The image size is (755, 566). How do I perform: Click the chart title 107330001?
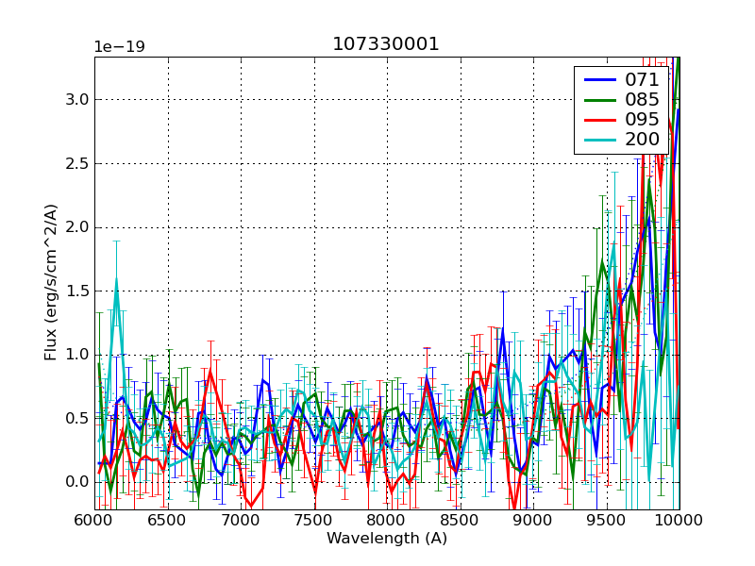[386, 44]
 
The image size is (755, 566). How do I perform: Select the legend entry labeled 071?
[642, 80]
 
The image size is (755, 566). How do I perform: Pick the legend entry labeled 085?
[642, 99]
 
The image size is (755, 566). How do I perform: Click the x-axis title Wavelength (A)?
[387, 539]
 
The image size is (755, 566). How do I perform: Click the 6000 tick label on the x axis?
[94, 520]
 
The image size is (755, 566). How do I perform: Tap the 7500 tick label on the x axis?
[313, 520]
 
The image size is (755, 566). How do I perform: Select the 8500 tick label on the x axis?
[460, 520]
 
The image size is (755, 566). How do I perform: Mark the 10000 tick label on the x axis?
[678, 520]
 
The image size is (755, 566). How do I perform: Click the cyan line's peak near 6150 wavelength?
[116, 279]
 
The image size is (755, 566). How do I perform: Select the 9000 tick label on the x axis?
[532, 520]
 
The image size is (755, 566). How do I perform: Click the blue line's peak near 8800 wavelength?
[503, 329]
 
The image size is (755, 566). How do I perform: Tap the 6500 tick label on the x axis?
[168, 520]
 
